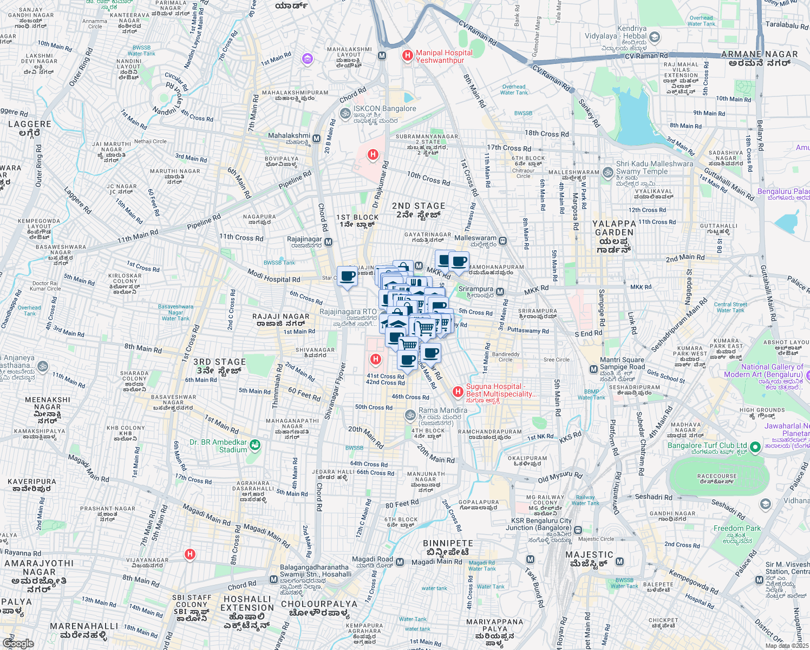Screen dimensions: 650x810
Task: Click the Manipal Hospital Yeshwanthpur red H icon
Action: (x=407, y=56)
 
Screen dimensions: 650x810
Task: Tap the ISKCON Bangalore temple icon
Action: (x=345, y=113)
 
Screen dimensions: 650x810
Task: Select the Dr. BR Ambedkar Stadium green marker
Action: (x=256, y=446)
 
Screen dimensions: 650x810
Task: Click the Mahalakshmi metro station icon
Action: (x=316, y=139)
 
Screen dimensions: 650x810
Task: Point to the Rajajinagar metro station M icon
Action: (x=328, y=242)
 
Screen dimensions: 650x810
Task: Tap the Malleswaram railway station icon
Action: (x=502, y=241)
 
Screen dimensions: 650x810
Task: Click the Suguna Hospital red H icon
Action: (x=458, y=391)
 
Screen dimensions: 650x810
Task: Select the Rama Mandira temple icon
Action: (x=410, y=415)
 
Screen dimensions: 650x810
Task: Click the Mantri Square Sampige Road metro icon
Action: (x=593, y=369)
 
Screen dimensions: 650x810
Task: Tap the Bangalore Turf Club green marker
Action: (x=755, y=448)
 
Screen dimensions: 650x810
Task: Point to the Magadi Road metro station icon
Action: (x=400, y=562)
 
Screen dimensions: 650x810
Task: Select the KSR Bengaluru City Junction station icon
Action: (x=578, y=530)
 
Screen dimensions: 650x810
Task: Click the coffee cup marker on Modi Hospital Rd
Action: (x=347, y=276)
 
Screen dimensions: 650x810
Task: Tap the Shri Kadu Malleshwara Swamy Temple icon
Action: (x=608, y=172)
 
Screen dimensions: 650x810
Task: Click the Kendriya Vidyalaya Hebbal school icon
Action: (x=654, y=37)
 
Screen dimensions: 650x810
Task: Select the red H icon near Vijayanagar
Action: (x=190, y=554)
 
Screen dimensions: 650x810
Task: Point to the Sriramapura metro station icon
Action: (x=500, y=292)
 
